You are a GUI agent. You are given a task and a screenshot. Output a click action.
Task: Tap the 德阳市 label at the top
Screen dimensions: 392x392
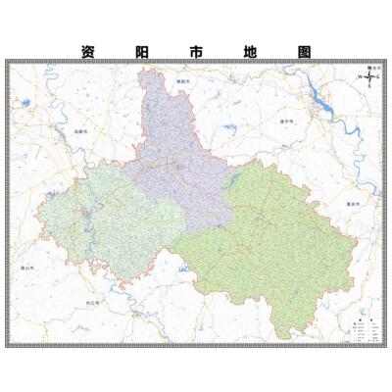[180, 82]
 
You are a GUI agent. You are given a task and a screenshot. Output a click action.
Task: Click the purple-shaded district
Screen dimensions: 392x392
[176, 147]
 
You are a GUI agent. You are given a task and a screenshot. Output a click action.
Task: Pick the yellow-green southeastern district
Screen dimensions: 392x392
[265, 245]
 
